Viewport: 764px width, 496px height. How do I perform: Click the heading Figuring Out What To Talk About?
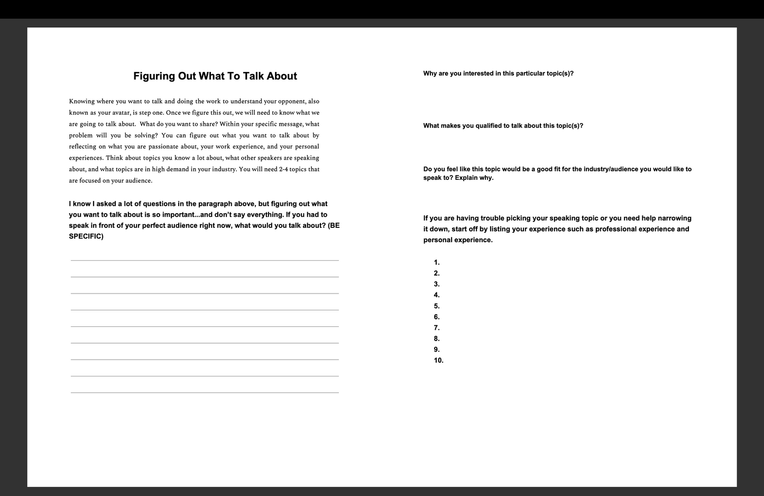(x=215, y=76)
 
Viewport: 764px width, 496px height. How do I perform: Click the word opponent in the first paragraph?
(x=292, y=101)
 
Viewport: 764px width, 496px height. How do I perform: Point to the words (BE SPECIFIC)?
(x=205, y=231)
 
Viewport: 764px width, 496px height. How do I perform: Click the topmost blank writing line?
(x=205, y=260)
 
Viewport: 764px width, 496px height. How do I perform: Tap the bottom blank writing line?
(x=205, y=392)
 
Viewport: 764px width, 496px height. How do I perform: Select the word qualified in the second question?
(x=489, y=126)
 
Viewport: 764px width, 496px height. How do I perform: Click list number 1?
(x=437, y=262)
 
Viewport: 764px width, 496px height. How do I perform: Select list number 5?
(x=437, y=306)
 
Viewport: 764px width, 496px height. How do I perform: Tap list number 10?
(x=438, y=361)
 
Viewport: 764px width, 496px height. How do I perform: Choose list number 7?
(x=437, y=328)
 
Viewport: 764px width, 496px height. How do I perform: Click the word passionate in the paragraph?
(x=165, y=146)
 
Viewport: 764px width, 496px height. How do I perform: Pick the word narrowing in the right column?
(x=674, y=218)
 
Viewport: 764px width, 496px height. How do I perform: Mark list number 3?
(x=437, y=284)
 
